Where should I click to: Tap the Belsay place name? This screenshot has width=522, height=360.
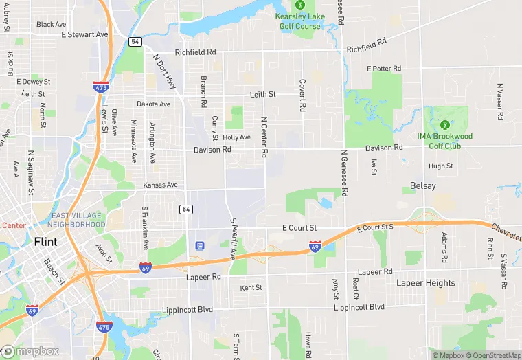(x=422, y=186)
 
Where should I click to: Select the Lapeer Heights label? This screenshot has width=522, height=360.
(x=425, y=283)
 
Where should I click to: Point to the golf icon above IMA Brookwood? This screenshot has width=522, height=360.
(x=444, y=125)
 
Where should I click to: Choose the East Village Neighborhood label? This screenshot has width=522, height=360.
(x=78, y=220)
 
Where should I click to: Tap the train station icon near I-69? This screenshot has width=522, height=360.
(x=200, y=245)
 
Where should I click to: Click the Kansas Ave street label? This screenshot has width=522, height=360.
(x=160, y=185)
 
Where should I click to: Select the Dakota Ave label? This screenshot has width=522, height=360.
(x=153, y=104)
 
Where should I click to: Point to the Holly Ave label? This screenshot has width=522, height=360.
(x=236, y=137)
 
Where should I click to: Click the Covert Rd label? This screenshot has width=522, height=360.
(x=302, y=95)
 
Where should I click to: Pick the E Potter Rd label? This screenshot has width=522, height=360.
(x=384, y=69)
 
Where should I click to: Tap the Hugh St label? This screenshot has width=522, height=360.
(x=440, y=166)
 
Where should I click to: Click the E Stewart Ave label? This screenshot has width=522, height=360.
(x=84, y=34)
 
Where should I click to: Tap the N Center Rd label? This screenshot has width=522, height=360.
(x=263, y=137)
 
